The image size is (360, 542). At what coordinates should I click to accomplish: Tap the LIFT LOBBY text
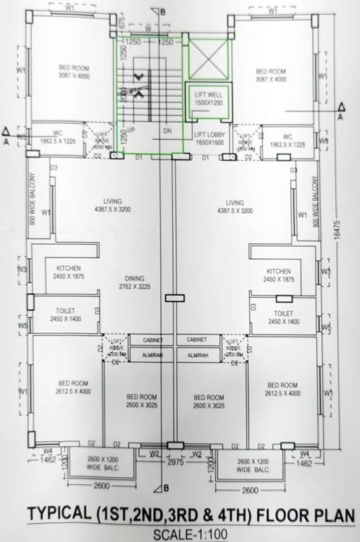[x=208, y=134]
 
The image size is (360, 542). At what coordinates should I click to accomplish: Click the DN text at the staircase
[x=167, y=131]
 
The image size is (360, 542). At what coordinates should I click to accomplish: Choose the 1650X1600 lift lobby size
[x=208, y=142]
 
